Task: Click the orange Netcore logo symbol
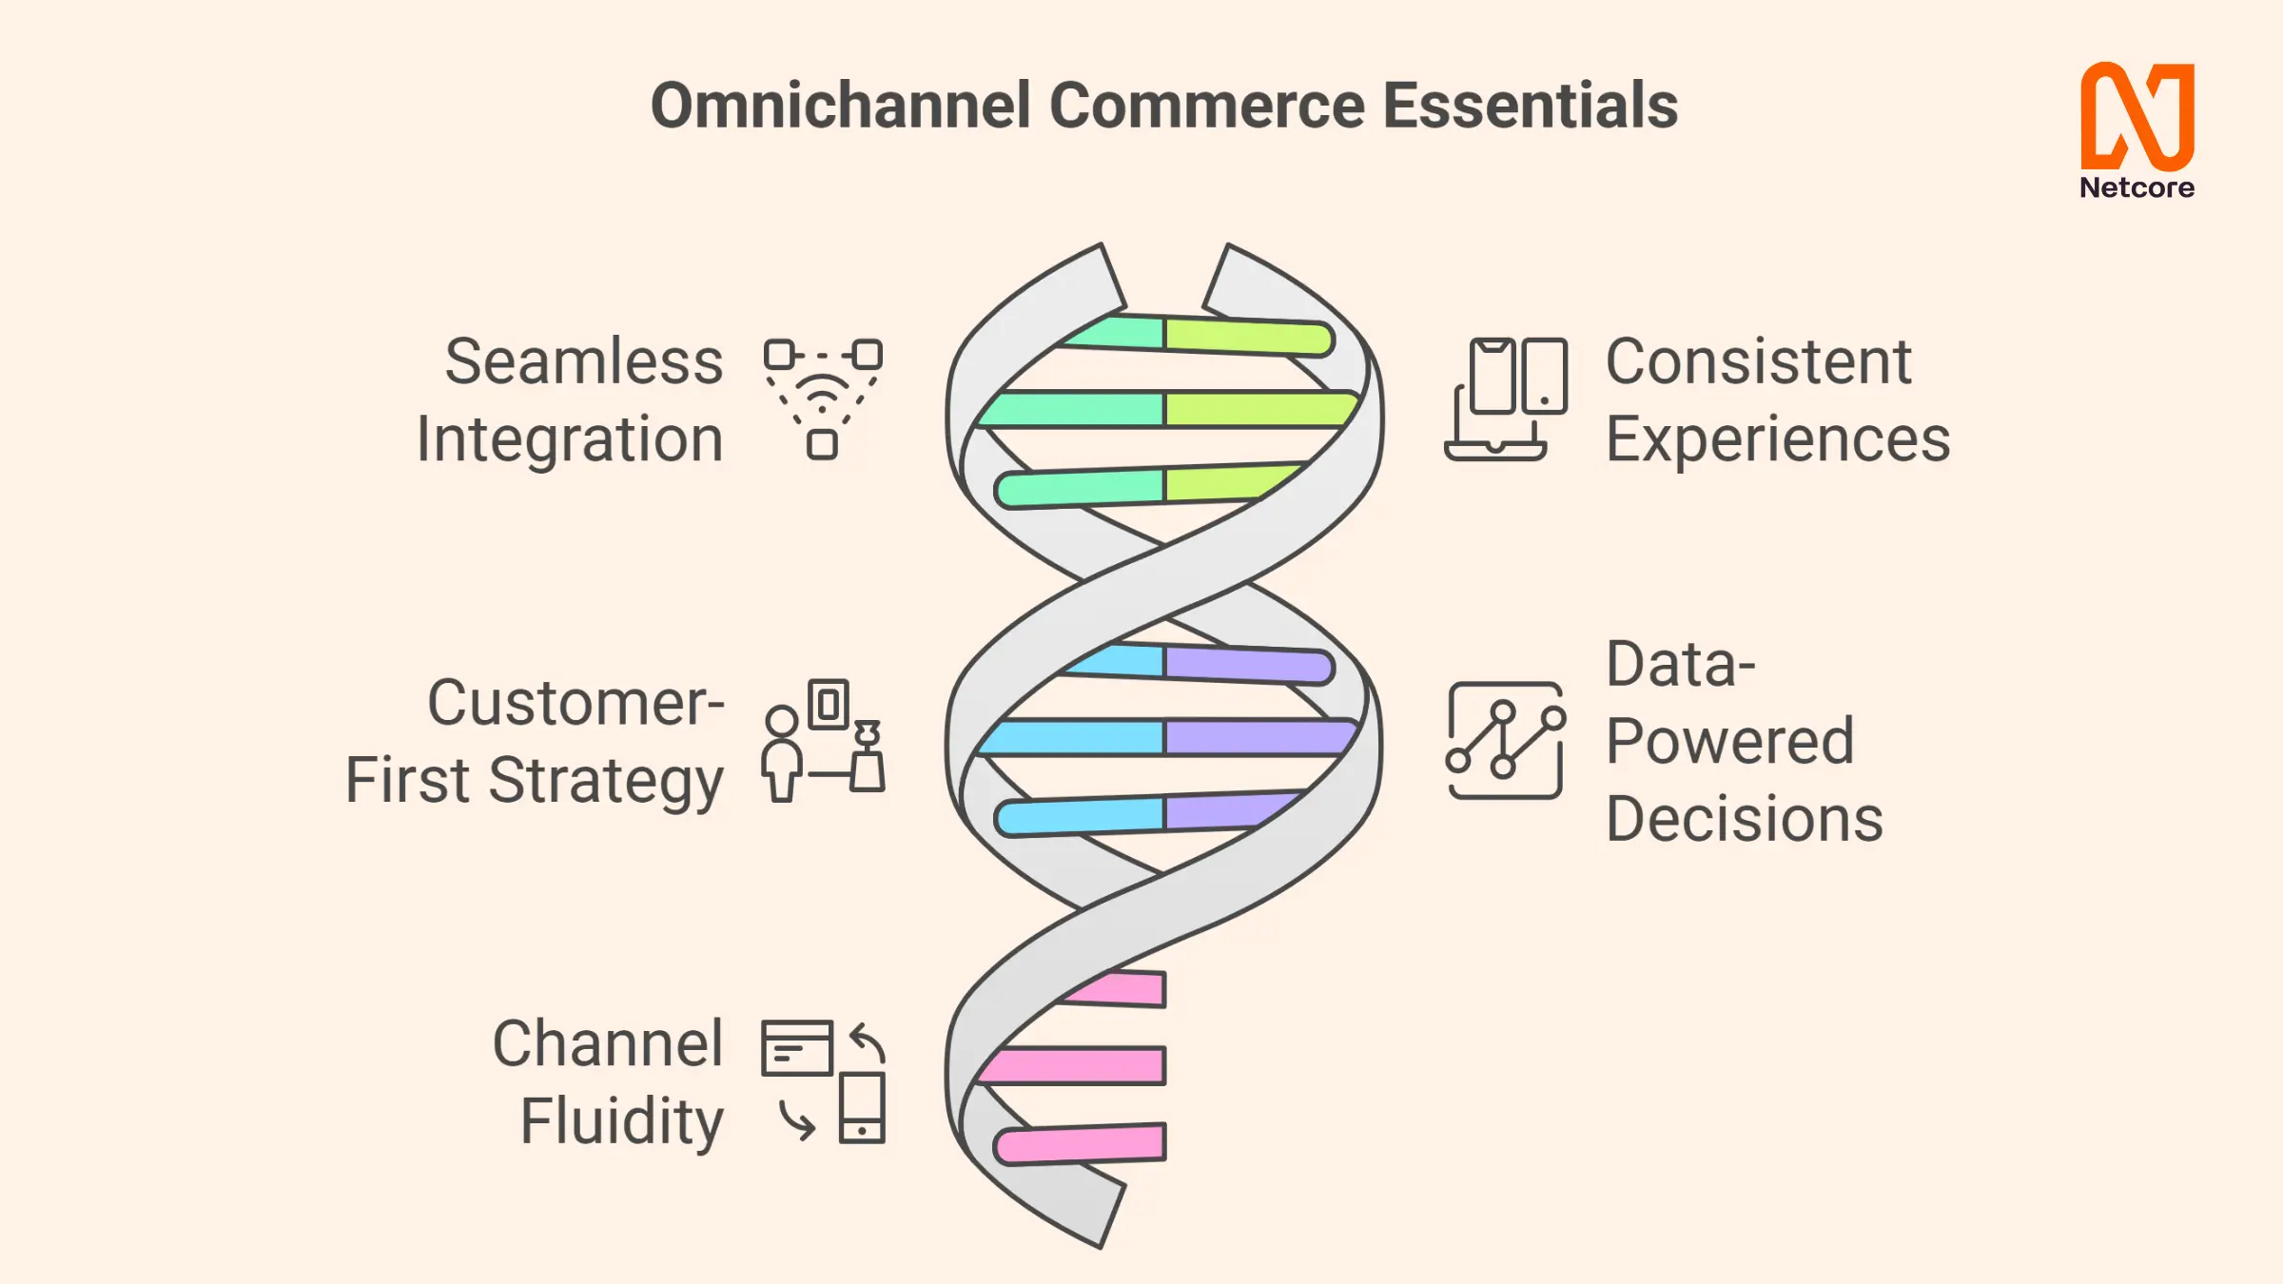pyautogui.click(x=2137, y=116)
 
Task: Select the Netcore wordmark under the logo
pyautogui.click(x=2137, y=187)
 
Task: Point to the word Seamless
pyautogui.click(x=584, y=361)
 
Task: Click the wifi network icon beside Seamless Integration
pyautogui.click(x=823, y=399)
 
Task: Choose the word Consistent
pyautogui.click(x=1758, y=361)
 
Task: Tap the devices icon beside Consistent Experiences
pyautogui.click(x=1506, y=399)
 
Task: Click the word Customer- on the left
pyautogui.click(x=576, y=703)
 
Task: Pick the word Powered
pyautogui.click(x=1729, y=741)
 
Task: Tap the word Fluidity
pyautogui.click(x=622, y=1122)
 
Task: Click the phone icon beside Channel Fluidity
pyautogui.click(x=862, y=1108)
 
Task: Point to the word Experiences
pyautogui.click(x=1778, y=440)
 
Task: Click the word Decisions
pyautogui.click(x=1745, y=819)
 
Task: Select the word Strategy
pyautogui.click(x=606, y=783)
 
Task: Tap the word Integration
pyautogui.click(x=570, y=440)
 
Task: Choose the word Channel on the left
pyautogui.click(x=608, y=1043)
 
